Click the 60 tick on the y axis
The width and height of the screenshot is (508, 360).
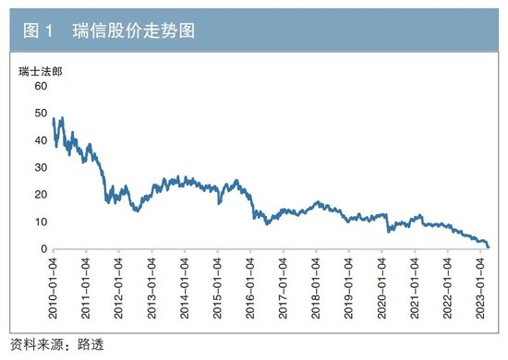[x=40, y=86]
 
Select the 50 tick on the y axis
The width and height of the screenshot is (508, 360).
[x=40, y=113]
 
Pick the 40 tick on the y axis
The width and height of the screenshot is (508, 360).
[x=40, y=140]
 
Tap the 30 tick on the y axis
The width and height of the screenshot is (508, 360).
[x=40, y=167]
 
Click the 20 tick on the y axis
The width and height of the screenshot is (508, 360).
[x=40, y=195]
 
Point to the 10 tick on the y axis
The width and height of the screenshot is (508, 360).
[x=40, y=222]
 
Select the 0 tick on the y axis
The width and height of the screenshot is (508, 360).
[x=42, y=249]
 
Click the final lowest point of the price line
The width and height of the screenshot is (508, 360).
[x=488, y=247]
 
